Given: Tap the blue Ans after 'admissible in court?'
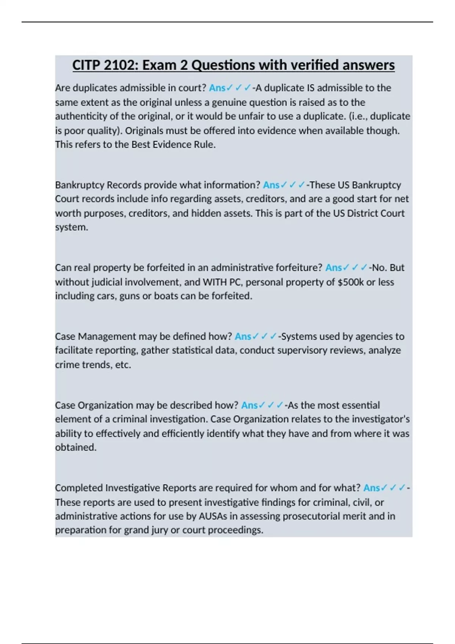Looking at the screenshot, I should pos(217,88).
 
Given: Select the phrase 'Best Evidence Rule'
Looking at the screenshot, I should pos(173,145).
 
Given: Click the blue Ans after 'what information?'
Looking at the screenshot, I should pos(271,185).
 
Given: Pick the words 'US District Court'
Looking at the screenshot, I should pos(369,213).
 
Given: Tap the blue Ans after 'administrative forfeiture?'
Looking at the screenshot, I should pos(333,268).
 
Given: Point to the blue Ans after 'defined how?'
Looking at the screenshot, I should pos(243,336).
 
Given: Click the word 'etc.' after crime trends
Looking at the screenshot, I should pos(123,365).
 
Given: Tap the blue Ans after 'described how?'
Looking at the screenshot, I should pos(249,405).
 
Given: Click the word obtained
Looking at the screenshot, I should pos(75,447).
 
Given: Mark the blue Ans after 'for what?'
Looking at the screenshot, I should pos(371,488).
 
